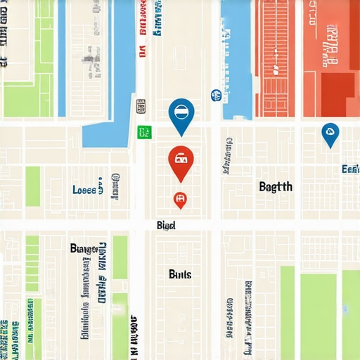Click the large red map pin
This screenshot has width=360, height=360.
pos(181,160)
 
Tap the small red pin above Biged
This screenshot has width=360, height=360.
pos(180,200)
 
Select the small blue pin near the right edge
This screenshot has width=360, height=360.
pos(330,133)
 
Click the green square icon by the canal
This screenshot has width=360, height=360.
pos(144,131)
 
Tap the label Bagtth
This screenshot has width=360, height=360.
pos(275,186)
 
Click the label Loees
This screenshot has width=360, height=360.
pos(85,189)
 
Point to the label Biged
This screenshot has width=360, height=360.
pos(166,226)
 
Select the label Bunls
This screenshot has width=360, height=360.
pos(180,274)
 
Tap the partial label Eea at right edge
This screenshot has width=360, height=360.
pos(350,169)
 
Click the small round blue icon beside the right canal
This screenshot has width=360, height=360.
pos(215,96)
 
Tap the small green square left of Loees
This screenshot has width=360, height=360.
pos(33,186)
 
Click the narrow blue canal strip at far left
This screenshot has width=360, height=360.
pos(61,56)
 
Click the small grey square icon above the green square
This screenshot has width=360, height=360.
pos(141,107)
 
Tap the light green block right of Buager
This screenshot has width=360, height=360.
pos(120,257)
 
